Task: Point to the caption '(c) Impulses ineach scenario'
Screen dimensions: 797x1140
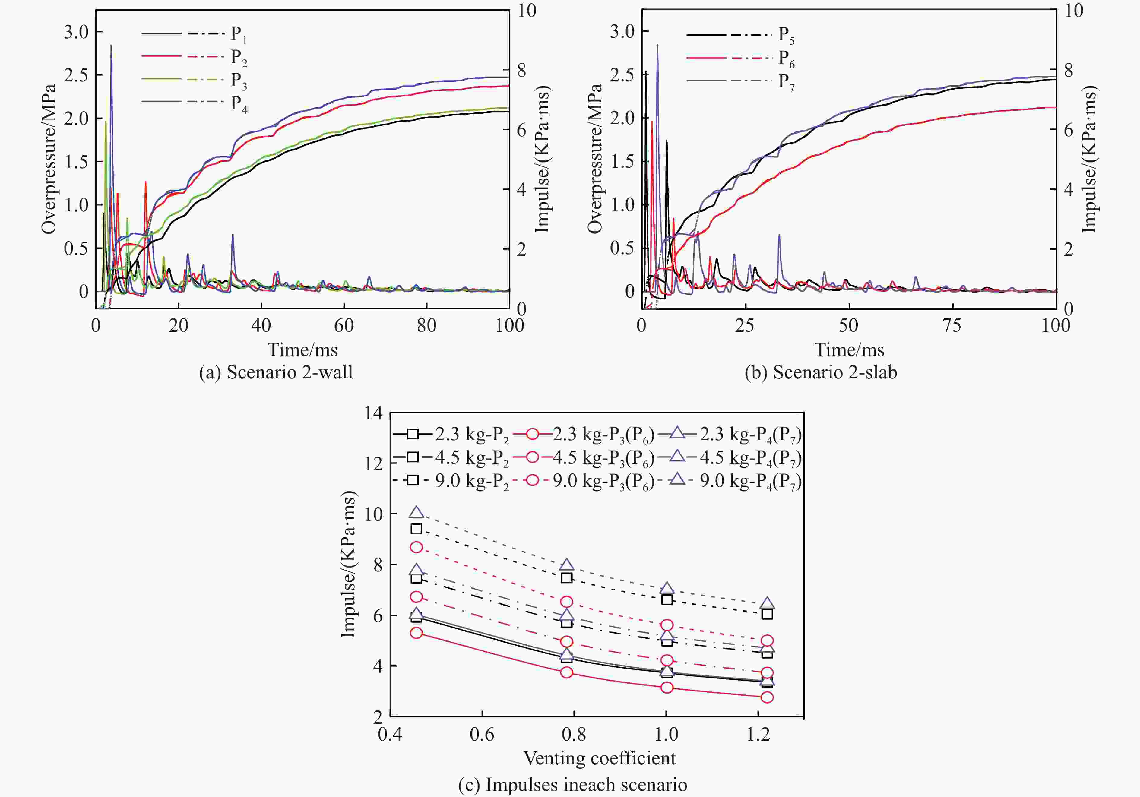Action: [x=572, y=785]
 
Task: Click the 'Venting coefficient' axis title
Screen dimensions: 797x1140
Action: [x=599, y=758]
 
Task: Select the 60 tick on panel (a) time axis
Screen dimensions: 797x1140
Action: [x=344, y=326]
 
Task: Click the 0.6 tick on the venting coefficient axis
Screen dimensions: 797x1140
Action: [x=482, y=734]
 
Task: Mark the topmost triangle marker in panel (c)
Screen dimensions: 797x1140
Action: [x=416, y=512]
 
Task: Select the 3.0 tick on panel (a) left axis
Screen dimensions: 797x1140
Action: [x=76, y=32]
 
